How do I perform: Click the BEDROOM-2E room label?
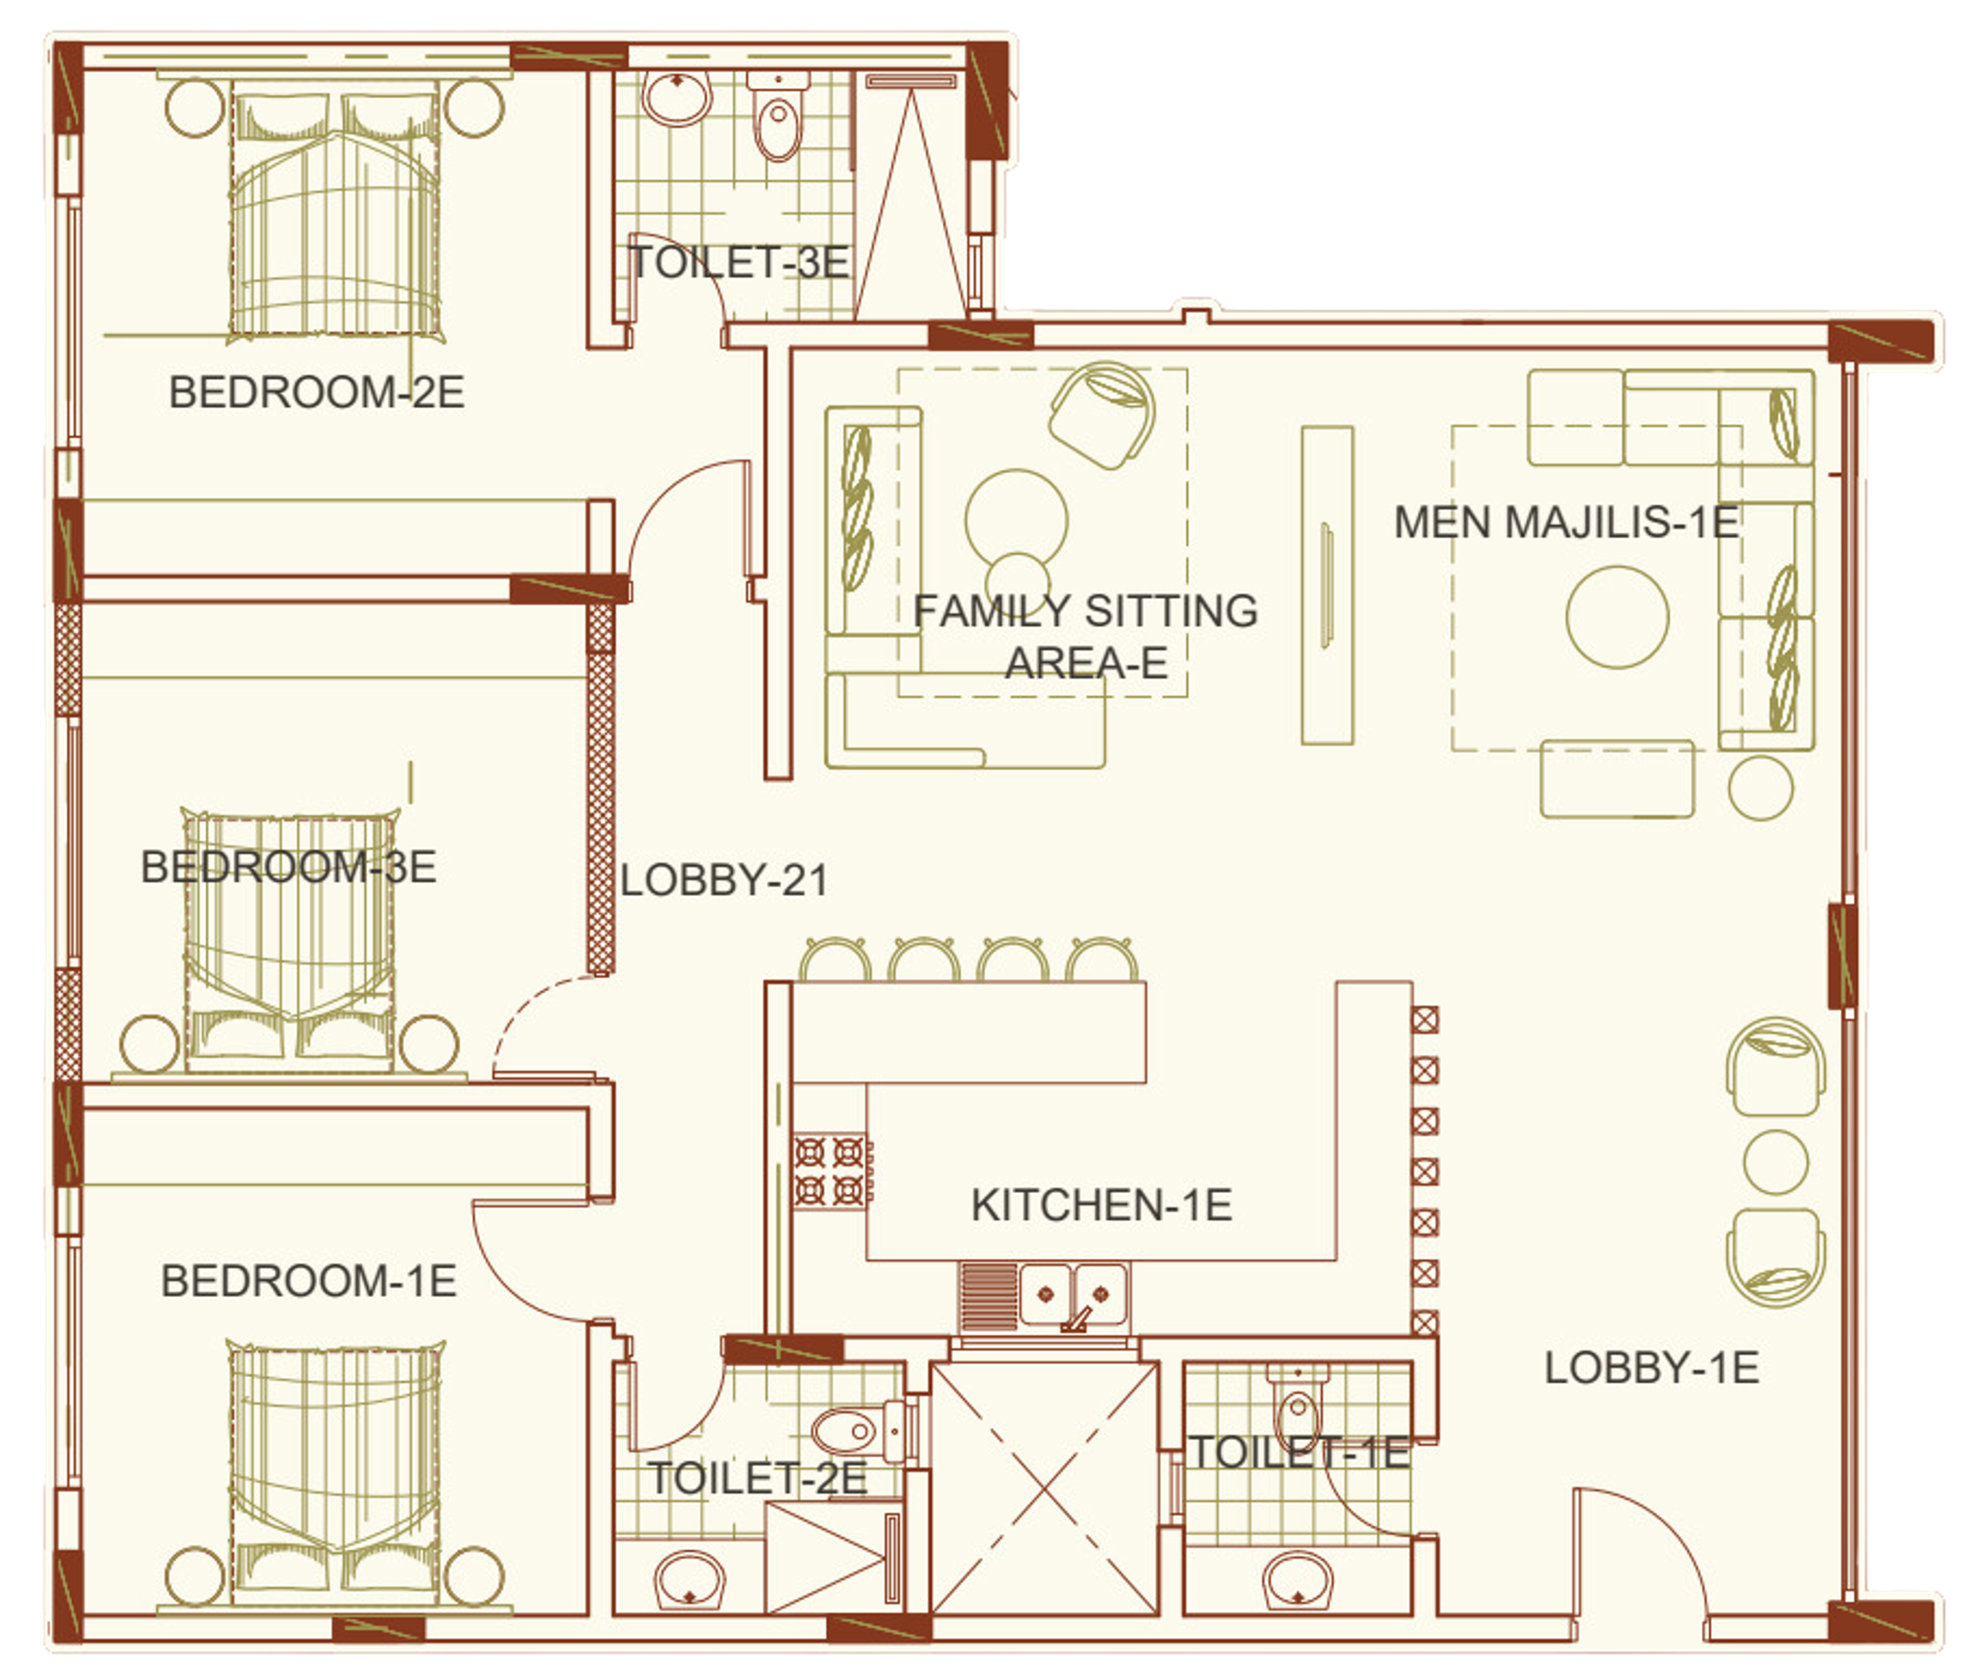(x=316, y=392)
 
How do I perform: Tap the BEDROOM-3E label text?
(x=289, y=867)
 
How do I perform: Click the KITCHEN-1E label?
(x=1101, y=1205)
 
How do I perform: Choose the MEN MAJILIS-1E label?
(x=1566, y=522)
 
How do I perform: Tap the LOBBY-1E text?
(x=1652, y=1368)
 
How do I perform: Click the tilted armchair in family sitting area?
(x=1103, y=415)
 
